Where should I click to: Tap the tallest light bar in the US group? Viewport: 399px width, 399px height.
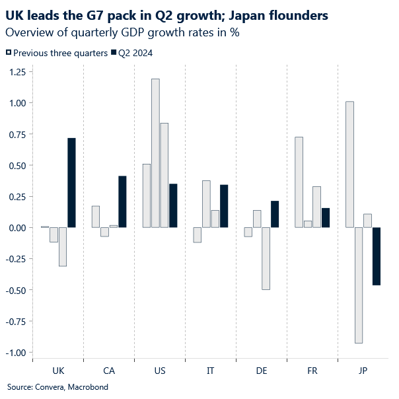tap(155, 153)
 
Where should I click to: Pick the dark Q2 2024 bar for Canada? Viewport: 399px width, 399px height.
tap(122, 201)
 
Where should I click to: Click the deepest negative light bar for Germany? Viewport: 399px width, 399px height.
tap(266, 258)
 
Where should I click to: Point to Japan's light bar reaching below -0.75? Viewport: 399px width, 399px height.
tap(359, 285)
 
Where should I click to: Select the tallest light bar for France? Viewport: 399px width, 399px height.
tap(299, 182)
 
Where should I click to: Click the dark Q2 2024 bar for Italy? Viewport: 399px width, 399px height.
tap(224, 206)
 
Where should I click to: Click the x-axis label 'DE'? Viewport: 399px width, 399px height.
tap(262, 371)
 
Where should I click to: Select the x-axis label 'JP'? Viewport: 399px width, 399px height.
tap(363, 371)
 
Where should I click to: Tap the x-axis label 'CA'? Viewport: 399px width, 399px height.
tap(109, 371)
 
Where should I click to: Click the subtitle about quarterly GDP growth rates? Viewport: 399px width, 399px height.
tap(122, 32)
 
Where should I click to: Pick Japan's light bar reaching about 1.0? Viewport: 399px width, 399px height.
tap(349, 164)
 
